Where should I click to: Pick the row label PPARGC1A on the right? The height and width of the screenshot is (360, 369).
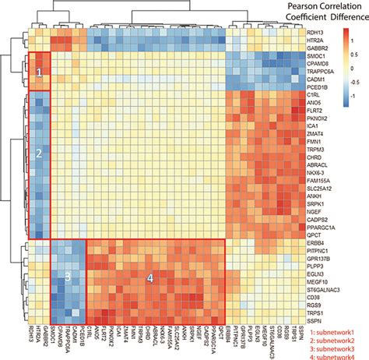click(322, 225)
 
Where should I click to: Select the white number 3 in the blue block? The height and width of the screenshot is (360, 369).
click(68, 276)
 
